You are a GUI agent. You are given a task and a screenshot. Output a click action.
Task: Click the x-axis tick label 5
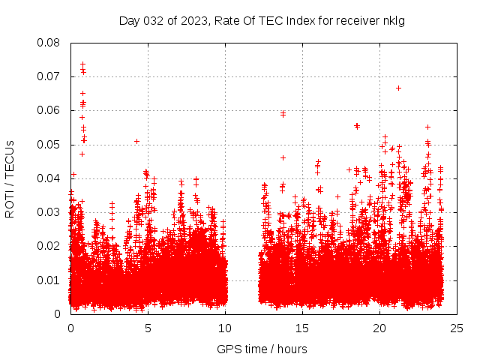[x=148, y=328]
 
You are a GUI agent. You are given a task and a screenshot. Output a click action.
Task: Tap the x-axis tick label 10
[x=225, y=328]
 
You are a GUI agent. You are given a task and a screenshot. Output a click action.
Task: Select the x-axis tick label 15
[x=302, y=328]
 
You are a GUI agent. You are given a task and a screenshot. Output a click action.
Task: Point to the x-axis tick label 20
[x=379, y=328]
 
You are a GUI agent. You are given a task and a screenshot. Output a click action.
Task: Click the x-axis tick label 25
[x=457, y=328]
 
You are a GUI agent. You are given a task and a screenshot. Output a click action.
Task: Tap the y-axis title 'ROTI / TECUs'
[x=10, y=178]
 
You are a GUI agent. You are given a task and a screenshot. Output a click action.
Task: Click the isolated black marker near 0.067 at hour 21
[x=398, y=88]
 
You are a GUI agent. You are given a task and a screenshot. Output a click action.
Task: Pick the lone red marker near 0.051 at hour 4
[x=136, y=141]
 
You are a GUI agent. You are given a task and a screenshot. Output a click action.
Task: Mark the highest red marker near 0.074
[x=82, y=64]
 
